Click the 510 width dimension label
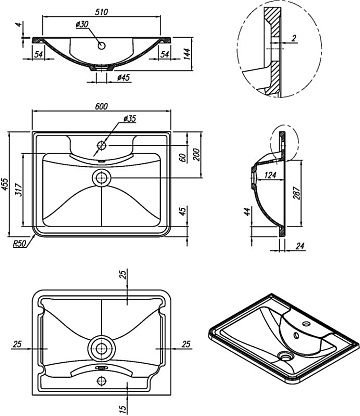click(101, 12)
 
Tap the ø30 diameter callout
click(82, 25)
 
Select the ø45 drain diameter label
click(123, 78)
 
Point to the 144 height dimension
click(187, 54)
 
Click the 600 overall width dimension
click(101, 106)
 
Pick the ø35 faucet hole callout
click(130, 118)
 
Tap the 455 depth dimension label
click(5, 184)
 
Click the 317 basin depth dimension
click(18, 190)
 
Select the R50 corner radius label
click(19, 245)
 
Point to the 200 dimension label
click(196, 154)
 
